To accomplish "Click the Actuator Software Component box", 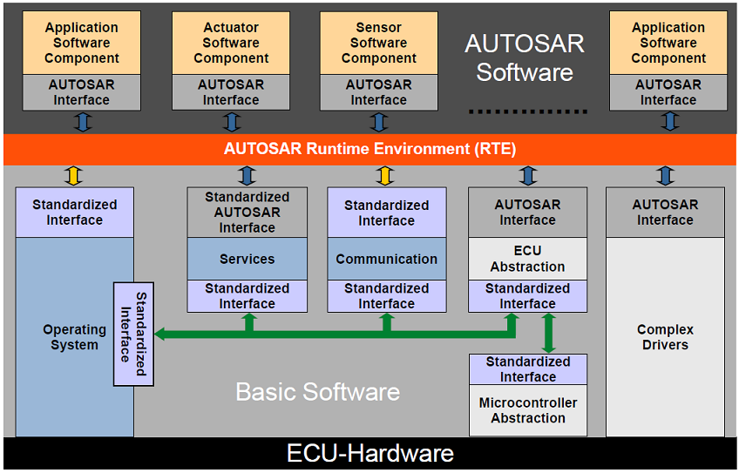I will pos(231,44).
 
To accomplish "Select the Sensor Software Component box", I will pos(378,44).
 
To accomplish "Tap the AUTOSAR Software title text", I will pos(524,57).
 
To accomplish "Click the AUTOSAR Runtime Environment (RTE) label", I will pos(369,149).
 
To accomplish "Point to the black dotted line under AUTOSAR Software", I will pos(528,111).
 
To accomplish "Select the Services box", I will pos(247,259).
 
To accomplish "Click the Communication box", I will pos(386,259).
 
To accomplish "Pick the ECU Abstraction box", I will pos(527,259).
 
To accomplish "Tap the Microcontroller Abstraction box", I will pos(528,410).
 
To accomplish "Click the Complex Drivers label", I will pos(665,337).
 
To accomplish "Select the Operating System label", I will pos(74,337).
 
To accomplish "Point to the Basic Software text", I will pos(317,392).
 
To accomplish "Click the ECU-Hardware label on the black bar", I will pos(369,454).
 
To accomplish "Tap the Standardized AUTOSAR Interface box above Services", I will pos(247,213).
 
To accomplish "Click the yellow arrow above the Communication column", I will pos(386,175).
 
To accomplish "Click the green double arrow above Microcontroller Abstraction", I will pos(549,333).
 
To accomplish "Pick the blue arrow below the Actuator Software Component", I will pos(231,122).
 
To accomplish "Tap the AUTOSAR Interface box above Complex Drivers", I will pos(665,213).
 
